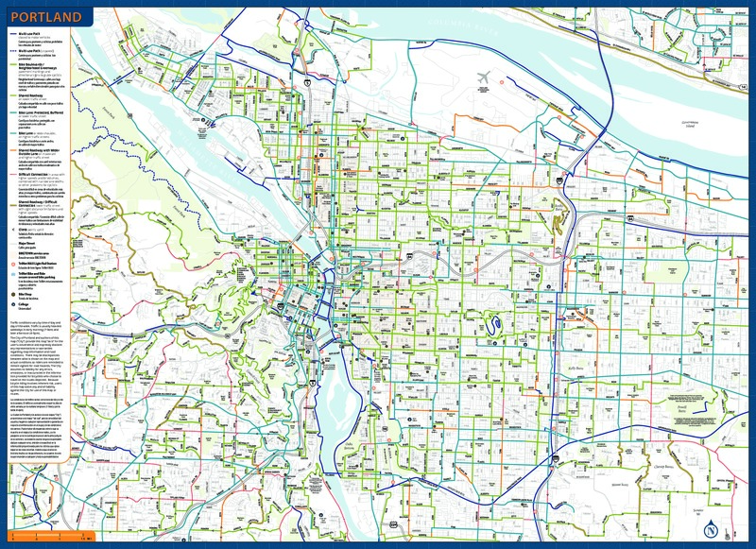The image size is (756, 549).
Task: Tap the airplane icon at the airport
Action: coord(486,77)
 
